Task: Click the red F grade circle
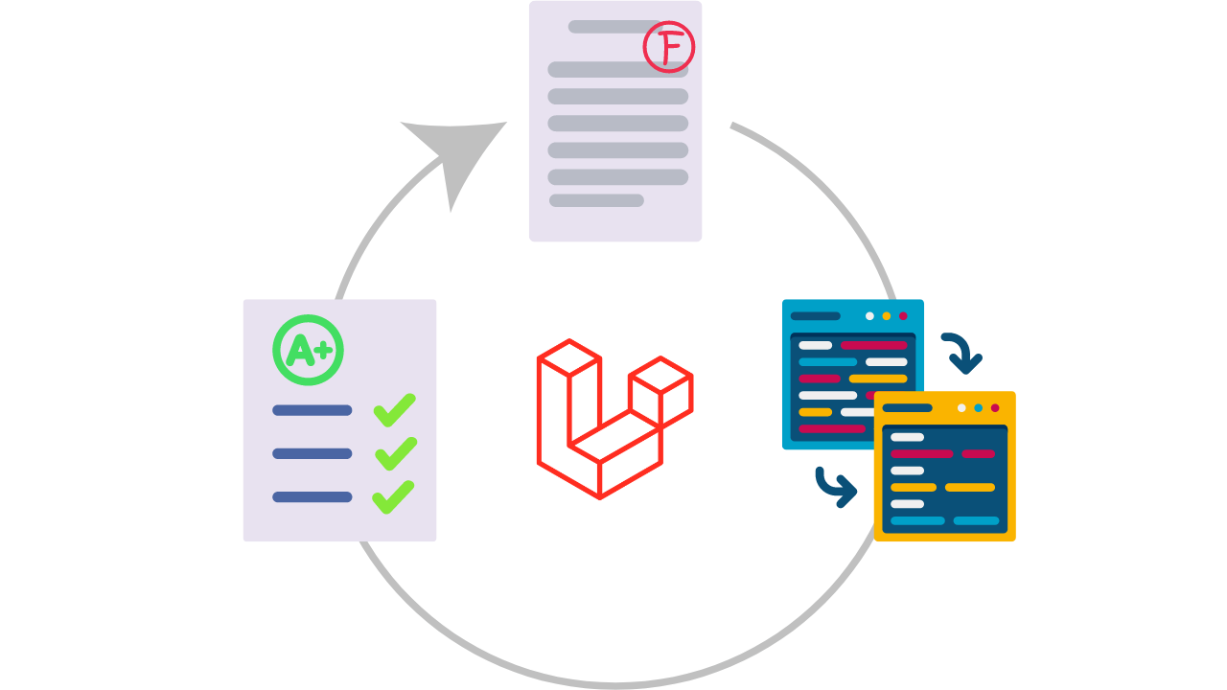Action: (x=668, y=47)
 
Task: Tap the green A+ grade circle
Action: (x=308, y=350)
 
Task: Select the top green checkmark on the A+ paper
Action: (x=394, y=409)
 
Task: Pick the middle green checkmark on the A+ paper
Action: (x=395, y=453)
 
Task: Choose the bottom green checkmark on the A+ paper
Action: (x=394, y=496)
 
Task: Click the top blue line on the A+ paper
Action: (x=312, y=410)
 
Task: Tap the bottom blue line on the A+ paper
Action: (x=312, y=496)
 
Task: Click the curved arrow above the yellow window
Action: (x=962, y=353)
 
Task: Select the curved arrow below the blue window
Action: (x=836, y=487)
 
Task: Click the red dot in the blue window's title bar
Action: (x=903, y=315)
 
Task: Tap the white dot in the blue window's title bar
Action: (x=869, y=315)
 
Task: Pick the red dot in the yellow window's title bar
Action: (x=995, y=407)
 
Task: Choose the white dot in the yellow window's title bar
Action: (x=961, y=407)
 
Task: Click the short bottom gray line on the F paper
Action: (x=596, y=200)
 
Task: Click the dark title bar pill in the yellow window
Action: (x=907, y=407)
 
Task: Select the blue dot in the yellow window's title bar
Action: (x=978, y=407)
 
